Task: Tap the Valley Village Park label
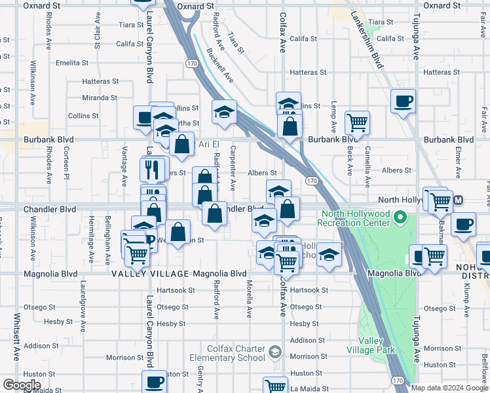(377, 346)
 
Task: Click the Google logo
(22, 384)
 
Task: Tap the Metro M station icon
(459, 200)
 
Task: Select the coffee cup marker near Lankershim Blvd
(404, 102)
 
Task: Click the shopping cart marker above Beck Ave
(358, 122)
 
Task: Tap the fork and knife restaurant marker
(151, 169)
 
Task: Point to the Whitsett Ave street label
(16, 337)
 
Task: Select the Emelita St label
(72, 63)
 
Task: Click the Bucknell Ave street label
(219, 65)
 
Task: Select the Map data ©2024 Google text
(449, 388)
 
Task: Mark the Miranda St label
(100, 98)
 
